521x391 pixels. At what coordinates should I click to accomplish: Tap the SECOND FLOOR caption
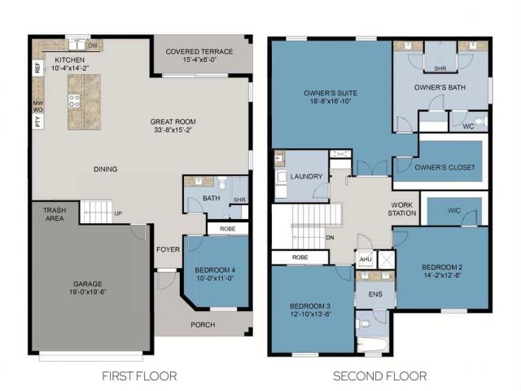click(379, 376)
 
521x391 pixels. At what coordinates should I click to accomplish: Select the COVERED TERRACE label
click(199, 52)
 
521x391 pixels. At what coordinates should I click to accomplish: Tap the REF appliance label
click(37, 69)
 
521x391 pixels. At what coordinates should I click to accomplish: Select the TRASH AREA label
click(54, 214)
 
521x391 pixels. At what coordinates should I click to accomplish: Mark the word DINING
click(105, 169)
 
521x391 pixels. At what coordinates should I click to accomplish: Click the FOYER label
click(169, 249)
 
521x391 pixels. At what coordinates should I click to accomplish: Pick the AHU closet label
click(365, 260)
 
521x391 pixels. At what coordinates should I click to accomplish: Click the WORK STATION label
click(405, 209)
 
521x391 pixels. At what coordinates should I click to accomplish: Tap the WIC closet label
click(455, 210)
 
